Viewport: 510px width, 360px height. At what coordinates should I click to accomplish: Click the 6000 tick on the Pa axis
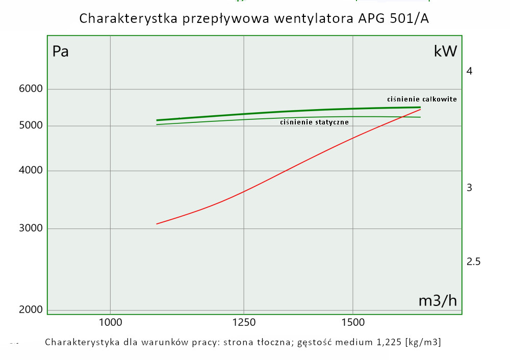(x=31, y=89)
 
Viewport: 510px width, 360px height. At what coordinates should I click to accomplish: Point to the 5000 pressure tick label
(x=31, y=126)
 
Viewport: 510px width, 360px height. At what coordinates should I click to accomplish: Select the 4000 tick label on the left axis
(x=31, y=171)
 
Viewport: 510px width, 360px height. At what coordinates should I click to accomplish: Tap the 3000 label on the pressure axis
(x=31, y=228)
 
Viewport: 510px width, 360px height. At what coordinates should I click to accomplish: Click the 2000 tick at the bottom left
(x=31, y=310)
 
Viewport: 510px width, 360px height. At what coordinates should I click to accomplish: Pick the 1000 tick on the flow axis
(x=110, y=322)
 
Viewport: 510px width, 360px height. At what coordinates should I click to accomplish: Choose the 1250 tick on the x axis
(x=244, y=322)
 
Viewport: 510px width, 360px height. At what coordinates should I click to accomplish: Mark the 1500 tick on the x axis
(x=353, y=322)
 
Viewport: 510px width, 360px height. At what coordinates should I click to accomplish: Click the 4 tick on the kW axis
(x=469, y=71)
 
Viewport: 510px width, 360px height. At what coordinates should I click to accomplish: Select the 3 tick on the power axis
(x=469, y=188)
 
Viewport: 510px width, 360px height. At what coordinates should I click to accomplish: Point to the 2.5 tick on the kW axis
(x=473, y=262)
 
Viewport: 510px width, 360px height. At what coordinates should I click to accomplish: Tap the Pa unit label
(x=61, y=52)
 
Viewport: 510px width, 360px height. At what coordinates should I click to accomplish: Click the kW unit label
(x=445, y=51)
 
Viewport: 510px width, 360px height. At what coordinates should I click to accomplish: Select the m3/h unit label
(x=438, y=301)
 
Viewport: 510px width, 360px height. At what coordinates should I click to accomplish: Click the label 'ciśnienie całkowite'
(x=421, y=99)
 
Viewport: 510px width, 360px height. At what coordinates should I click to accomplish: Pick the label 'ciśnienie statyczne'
(x=314, y=122)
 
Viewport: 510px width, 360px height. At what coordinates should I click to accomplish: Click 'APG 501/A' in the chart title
(x=393, y=19)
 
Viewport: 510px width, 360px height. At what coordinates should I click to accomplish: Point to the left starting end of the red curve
(x=157, y=224)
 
